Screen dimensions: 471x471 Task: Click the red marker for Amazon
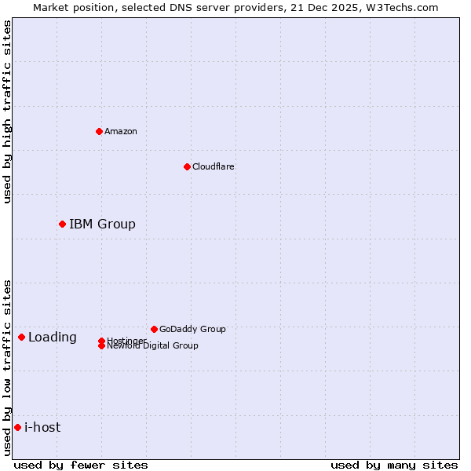pos(99,131)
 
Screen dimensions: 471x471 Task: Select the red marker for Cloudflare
pos(187,166)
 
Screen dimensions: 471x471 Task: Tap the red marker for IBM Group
pos(62,224)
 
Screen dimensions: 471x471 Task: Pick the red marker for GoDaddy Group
pos(154,329)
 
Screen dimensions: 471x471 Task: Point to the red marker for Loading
pos(21,337)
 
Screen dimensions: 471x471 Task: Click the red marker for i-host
pos(17,427)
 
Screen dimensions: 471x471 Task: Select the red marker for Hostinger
pos(102,341)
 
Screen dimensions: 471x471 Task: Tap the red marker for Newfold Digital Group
pos(102,345)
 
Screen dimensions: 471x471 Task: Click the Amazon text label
pos(121,131)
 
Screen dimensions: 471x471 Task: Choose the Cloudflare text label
pos(214,166)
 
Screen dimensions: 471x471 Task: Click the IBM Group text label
pos(102,224)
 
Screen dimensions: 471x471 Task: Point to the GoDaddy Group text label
pos(192,329)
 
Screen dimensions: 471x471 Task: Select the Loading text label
pos(53,337)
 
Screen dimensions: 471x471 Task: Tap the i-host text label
pos(42,427)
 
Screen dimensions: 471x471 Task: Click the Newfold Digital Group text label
pos(153,345)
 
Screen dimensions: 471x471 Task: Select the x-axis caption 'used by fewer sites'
pos(81,465)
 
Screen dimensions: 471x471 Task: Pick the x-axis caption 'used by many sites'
pos(394,465)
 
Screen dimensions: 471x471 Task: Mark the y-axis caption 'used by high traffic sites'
pos(7,111)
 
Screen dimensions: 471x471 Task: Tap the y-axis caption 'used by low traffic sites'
pos(7,367)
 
